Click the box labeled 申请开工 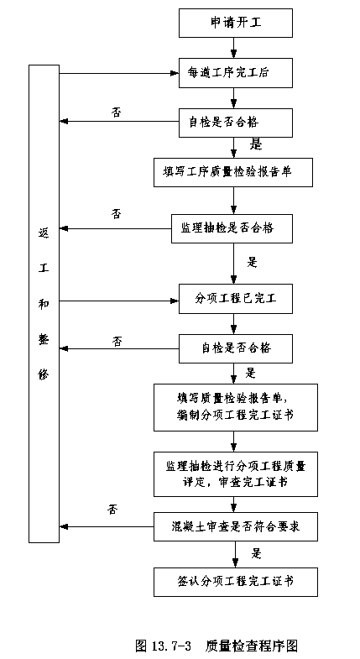[x=236, y=24]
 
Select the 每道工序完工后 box [x=236, y=73]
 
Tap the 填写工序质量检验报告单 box [x=233, y=172]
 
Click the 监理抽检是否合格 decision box [x=232, y=228]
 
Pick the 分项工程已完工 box [x=236, y=299]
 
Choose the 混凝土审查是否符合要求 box [x=236, y=526]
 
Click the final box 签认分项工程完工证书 [x=236, y=582]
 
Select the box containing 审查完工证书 [x=236, y=474]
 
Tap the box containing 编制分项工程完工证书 [x=236, y=407]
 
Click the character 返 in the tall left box [x=44, y=233]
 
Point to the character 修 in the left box [x=44, y=374]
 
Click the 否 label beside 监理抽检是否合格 [x=117, y=213]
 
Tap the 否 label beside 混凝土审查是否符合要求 [x=112, y=510]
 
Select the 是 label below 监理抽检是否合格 [x=252, y=262]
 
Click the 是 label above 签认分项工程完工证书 [x=256, y=553]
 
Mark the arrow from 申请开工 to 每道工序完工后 [x=234, y=48]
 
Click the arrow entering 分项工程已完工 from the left [x=119, y=301]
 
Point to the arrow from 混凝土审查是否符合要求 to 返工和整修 [x=107, y=526]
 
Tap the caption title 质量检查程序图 [x=252, y=646]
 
